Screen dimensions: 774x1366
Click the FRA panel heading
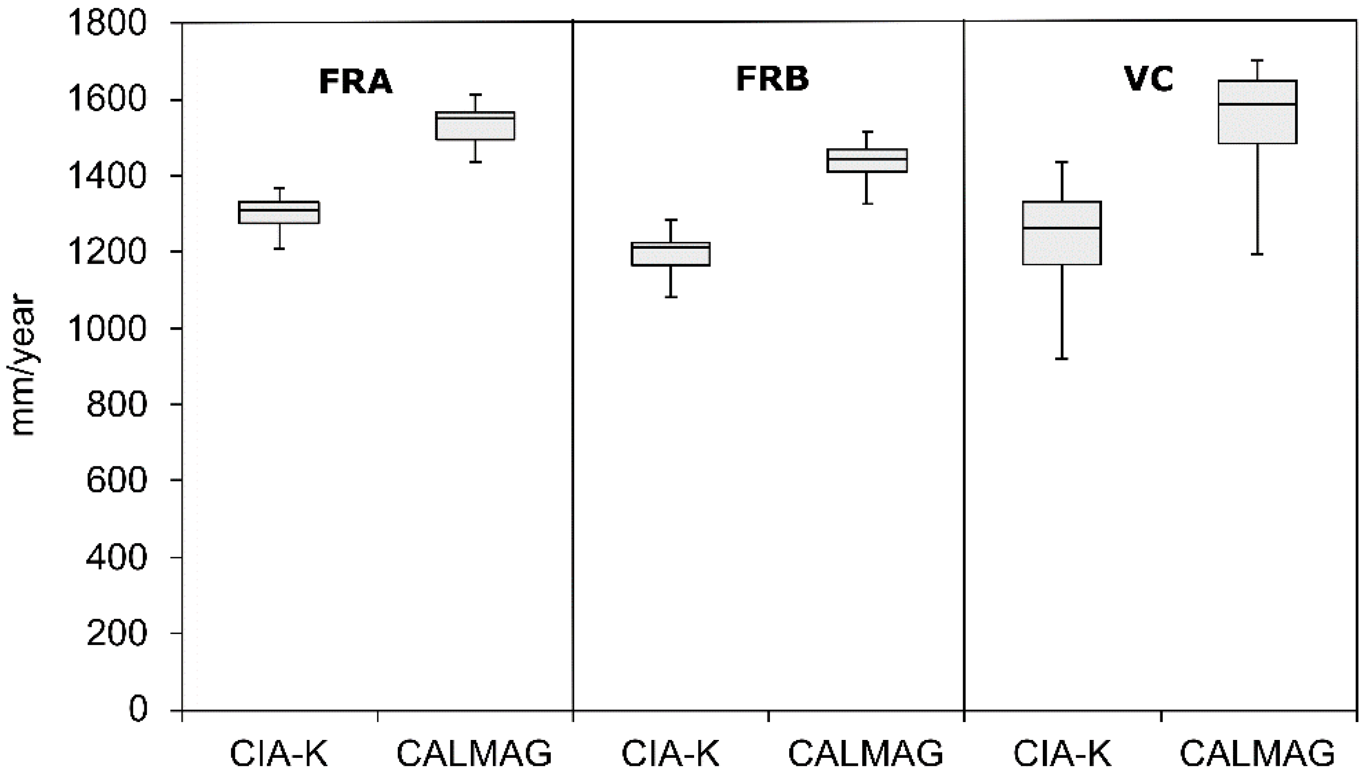click(x=355, y=82)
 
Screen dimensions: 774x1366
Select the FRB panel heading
click(x=773, y=80)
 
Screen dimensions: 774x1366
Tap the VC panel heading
click(x=1149, y=80)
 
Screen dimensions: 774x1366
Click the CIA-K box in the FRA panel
click(x=279, y=213)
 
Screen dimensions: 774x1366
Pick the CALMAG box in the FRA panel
click(x=475, y=126)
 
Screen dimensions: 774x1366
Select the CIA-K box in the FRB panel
click(x=670, y=254)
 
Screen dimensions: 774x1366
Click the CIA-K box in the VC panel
click(x=1062, y=233)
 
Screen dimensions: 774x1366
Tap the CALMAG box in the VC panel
click(x=1257, y=112)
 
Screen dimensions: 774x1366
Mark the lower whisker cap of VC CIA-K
click(x=1062, y=359)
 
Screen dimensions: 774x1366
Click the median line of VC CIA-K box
click(x=1062, y=228)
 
